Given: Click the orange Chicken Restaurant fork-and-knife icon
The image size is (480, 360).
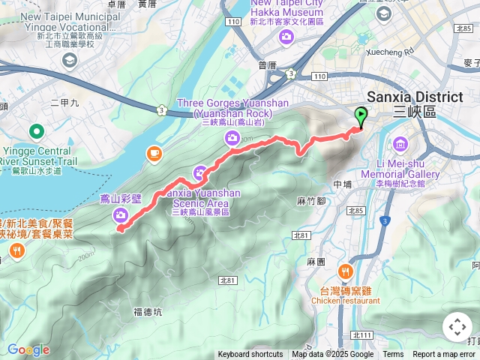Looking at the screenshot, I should (345, 270).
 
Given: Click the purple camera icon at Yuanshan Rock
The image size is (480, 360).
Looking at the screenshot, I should (232, 137).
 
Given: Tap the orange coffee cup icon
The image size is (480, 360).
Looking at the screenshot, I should (154, 153).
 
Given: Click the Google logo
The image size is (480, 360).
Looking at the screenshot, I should (28, 349).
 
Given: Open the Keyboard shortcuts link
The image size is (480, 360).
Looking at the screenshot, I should (250, 355).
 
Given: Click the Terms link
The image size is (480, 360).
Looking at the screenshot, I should (393, 355).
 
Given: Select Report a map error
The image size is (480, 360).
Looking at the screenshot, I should (444, 355).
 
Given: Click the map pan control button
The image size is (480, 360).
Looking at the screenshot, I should (457, 327).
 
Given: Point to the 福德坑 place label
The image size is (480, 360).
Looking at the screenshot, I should (148, 311).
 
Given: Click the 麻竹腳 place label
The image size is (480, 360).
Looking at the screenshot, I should (310, 201).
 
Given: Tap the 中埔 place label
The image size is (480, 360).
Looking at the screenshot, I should (342, 184).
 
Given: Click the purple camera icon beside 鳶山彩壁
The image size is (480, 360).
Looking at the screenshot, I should (121, 216).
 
